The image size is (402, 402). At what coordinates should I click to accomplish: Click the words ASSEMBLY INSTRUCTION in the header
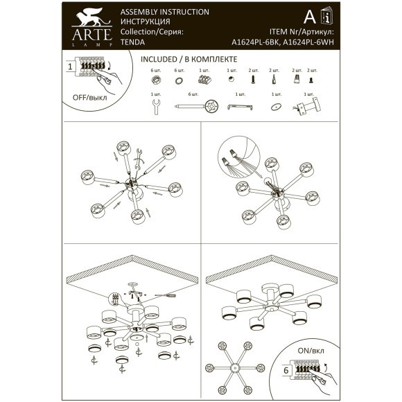point(164,12)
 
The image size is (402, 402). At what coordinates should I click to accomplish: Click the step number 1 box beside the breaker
point(70,67)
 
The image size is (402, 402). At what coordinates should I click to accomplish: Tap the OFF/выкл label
point(90,98)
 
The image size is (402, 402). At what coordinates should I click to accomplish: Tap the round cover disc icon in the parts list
point(276,107)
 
